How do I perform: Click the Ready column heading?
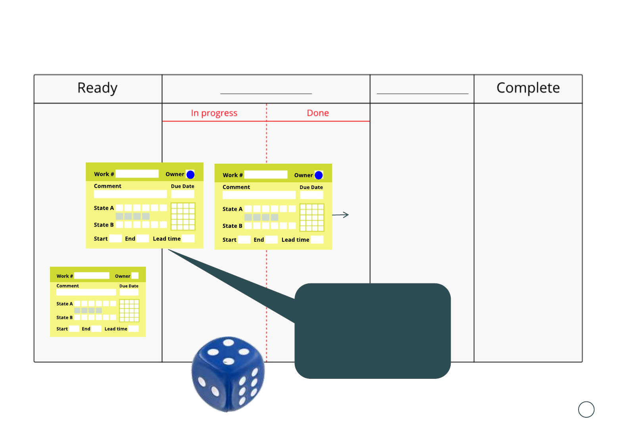(97, 88)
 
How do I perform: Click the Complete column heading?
(528, 88)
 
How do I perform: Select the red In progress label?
(214, 113)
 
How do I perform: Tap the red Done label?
(318, 113)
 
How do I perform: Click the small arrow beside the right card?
(340, 215)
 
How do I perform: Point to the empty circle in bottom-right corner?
(586, 409)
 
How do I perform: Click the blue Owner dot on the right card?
(319, 175)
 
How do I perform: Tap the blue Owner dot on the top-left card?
(190, 174)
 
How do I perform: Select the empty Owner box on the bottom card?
(135, 276)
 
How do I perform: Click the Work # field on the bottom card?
(92, 276)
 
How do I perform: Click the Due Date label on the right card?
(311, 187)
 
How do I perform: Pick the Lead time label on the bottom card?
(116, 329)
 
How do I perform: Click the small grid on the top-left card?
(183, 216)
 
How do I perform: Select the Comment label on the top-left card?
(108, 186)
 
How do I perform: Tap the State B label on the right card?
(232, 226)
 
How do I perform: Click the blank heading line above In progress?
(266, 93)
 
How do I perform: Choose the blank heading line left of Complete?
(422, 93)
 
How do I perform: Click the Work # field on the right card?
(266, 175)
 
